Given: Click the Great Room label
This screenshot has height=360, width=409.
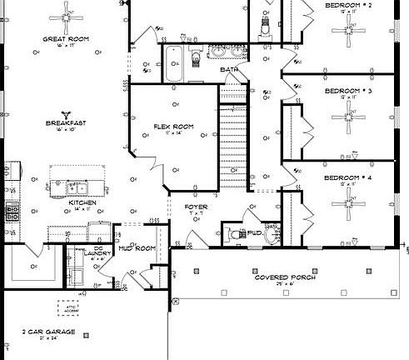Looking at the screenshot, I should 66,39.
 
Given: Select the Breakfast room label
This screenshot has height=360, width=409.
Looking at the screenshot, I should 66,124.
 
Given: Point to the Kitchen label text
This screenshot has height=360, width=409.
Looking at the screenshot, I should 82,202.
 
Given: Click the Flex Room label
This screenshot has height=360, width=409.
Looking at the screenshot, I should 173,127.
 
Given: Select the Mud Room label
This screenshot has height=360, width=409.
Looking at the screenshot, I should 137,248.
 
